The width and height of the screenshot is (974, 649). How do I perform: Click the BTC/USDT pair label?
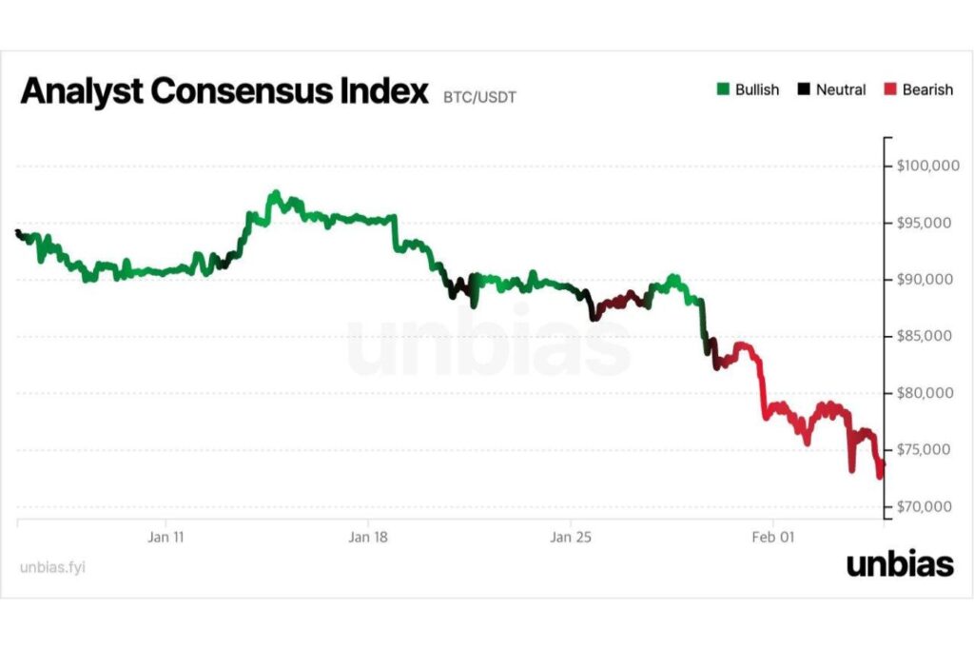click(480, 97)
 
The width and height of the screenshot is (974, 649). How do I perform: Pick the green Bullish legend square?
click(723, 90)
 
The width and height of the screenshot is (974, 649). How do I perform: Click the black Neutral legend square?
click(804, 90)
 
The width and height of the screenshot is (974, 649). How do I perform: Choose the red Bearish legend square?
click(889, 90)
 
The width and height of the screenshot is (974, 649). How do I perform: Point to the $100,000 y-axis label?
click(925, 167)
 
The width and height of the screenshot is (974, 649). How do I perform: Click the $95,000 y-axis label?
click(925, 223)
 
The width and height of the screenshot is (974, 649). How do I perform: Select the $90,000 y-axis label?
click(925, 280)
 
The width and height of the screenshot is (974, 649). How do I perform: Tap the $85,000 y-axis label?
click(925, 336)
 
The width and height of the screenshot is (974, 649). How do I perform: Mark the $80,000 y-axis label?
click(925, 393)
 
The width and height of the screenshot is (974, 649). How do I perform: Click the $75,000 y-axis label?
click(925, 449)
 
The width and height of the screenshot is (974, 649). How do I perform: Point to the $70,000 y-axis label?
click(925, 506)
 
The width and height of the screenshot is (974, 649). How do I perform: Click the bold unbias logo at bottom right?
click(900, 565)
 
